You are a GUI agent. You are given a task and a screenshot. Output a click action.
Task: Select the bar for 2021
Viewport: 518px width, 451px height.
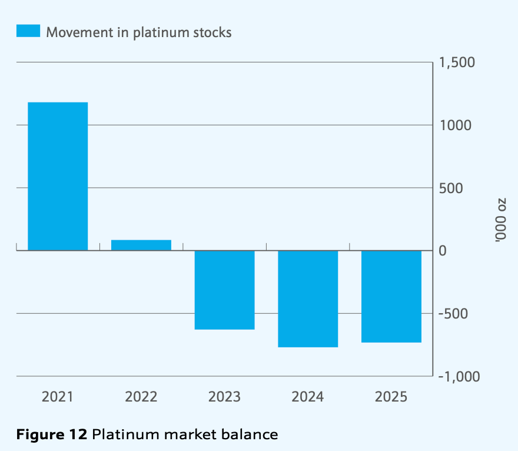[58, 177]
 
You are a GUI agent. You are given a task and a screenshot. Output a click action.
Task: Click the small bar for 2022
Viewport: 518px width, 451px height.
[141, 245]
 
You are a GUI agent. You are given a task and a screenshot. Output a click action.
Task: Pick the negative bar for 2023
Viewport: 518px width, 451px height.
[224, 290]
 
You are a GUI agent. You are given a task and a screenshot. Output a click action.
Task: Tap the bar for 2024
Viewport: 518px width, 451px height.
[308, 299]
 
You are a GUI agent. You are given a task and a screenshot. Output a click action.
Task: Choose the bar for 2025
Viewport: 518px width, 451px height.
[391, 296]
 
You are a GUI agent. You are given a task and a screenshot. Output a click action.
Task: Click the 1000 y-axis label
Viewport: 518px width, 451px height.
[454, 125]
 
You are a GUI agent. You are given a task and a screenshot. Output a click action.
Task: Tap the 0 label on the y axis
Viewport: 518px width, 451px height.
[444, 251]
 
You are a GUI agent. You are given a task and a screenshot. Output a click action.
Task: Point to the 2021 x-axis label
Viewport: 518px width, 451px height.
[58, 396]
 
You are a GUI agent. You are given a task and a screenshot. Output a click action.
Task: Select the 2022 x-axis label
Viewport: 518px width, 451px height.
[141, 396]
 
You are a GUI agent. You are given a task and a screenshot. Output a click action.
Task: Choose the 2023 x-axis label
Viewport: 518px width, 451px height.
[224, 396]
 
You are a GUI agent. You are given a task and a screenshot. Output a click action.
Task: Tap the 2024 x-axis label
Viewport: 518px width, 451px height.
[308, 396]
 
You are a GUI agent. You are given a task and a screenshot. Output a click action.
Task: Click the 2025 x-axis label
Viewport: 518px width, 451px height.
[391, 396]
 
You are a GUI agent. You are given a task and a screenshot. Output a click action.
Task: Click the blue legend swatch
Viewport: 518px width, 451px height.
[28, 32]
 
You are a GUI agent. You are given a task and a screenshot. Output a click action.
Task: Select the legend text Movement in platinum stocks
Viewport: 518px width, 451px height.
[139, 32]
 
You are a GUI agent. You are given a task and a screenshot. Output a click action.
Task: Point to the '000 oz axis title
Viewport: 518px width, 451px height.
[500, 220]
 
